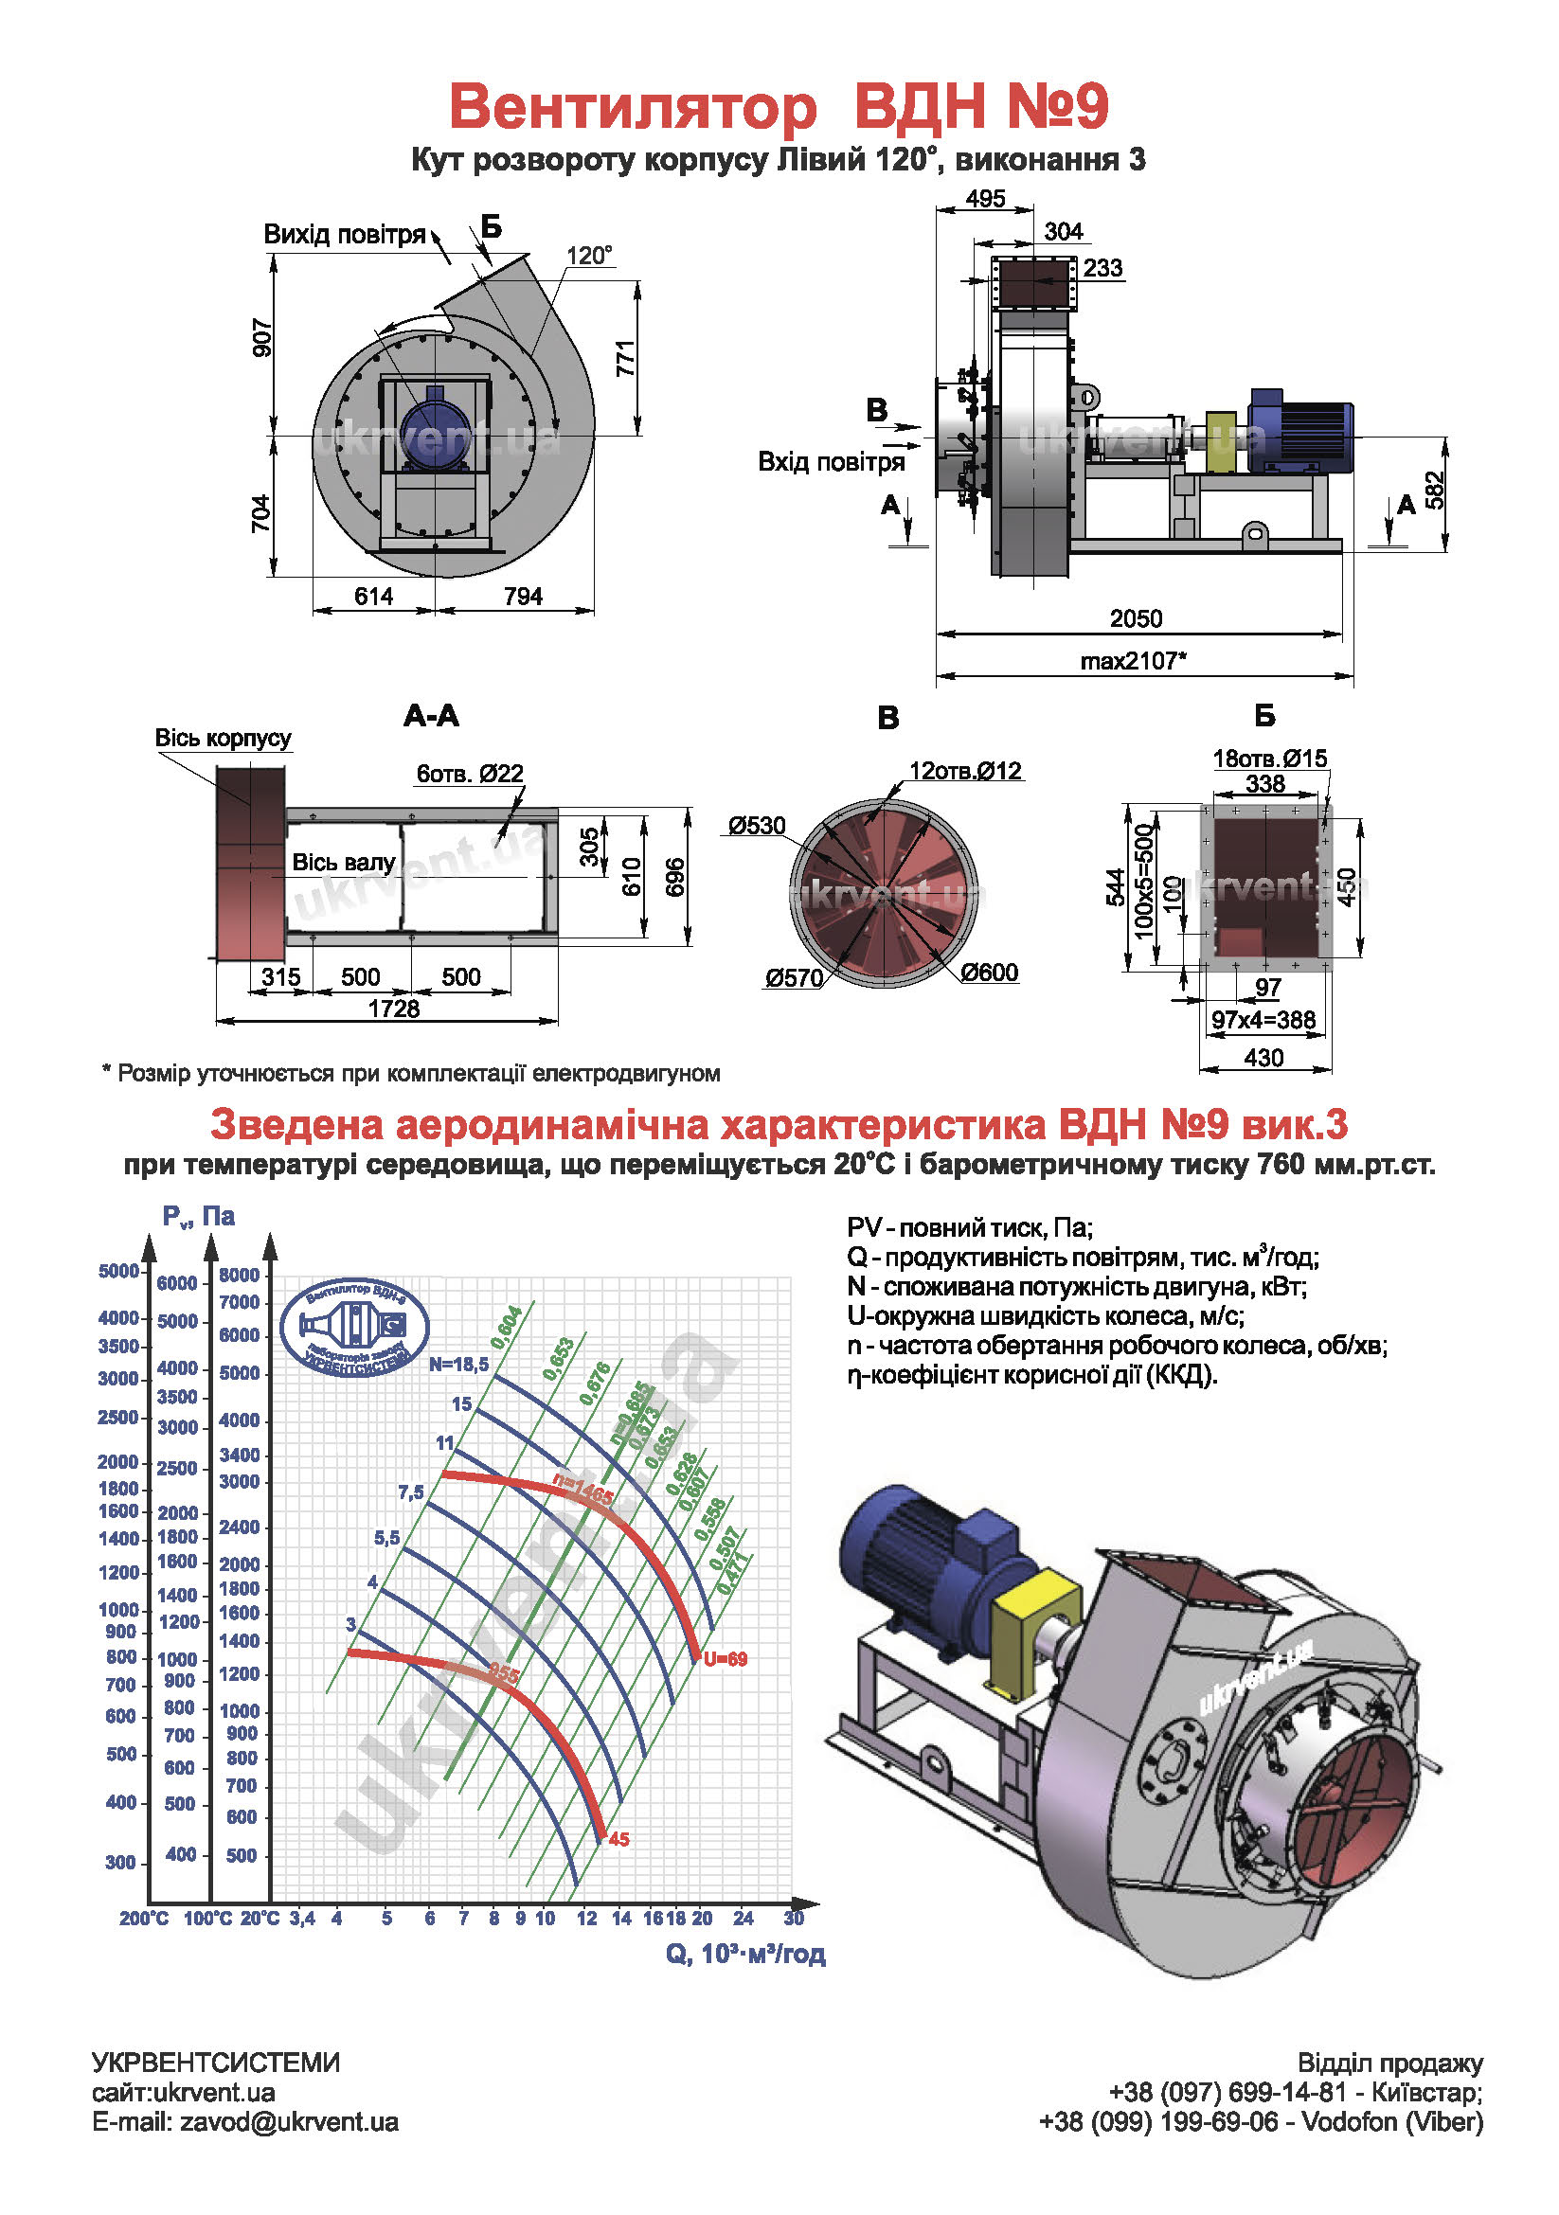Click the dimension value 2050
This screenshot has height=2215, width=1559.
[1135, 618]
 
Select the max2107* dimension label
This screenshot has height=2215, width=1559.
[1133, 661]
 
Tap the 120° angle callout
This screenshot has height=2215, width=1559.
[588, 256]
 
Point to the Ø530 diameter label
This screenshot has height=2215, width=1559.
[757, 826]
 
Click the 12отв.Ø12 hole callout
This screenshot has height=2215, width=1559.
[965, 771]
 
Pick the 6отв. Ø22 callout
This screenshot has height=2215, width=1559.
[470, 774]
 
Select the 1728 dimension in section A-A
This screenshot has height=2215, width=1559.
[394, 1009]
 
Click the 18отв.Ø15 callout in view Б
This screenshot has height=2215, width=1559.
[1269, 759]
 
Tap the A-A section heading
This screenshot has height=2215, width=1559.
[431, 716]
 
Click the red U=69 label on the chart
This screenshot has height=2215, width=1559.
[726, 1659]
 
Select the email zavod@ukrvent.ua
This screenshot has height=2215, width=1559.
[245, 2122]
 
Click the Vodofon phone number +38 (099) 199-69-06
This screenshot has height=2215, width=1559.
[1157, 2122]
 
